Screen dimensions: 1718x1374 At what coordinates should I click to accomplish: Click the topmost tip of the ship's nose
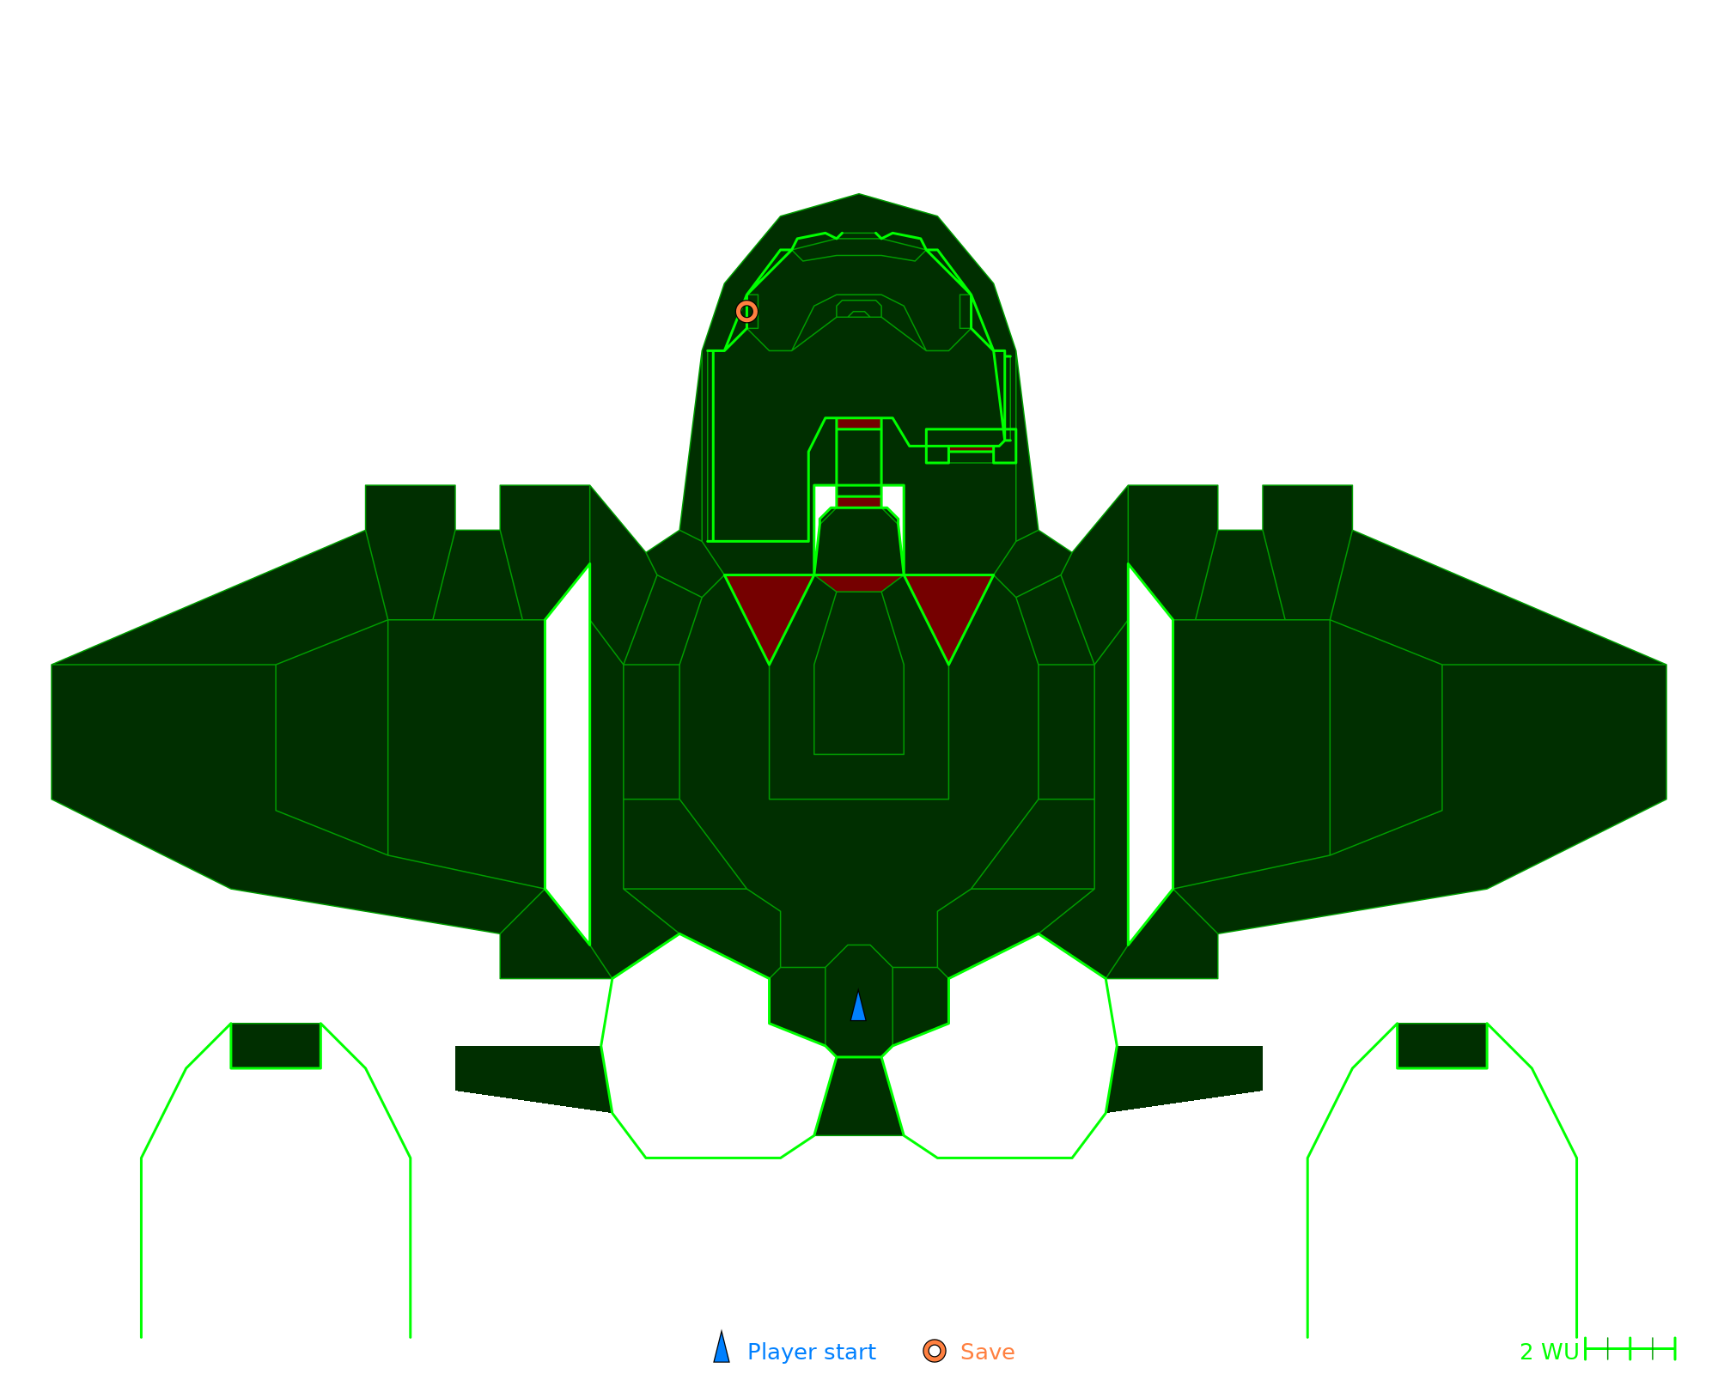859,194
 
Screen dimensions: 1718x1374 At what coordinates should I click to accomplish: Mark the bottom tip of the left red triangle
770,664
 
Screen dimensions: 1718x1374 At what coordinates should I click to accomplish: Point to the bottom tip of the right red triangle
948,664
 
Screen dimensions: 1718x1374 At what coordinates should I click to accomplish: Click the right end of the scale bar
1675,1349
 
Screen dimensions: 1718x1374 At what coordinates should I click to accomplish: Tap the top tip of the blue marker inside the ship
858,989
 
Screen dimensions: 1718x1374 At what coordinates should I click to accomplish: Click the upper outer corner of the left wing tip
52,665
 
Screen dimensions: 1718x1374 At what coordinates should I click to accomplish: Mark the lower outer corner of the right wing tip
1666,799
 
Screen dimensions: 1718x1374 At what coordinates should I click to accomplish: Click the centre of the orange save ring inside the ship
746,311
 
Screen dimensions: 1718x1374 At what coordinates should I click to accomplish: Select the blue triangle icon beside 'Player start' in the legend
722,1347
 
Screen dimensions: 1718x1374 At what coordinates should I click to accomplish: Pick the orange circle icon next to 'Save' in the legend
935,1351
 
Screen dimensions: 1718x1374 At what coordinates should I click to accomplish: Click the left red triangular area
770,605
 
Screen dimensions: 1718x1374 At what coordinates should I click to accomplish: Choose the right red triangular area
948,605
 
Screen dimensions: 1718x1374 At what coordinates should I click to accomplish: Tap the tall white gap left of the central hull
567,754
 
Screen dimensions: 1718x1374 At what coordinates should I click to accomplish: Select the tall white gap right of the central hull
1151,754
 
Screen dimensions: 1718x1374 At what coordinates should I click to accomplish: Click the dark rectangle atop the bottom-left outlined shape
276,1045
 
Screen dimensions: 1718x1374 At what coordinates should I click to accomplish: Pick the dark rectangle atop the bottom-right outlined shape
1442,1045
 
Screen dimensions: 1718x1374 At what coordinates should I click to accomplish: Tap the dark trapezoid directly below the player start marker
859,1097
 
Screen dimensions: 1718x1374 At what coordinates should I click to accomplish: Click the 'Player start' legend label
812,1353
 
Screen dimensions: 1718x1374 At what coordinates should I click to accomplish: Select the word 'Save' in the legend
988,1353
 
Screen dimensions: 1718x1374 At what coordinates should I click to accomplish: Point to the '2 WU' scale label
1549,1353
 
